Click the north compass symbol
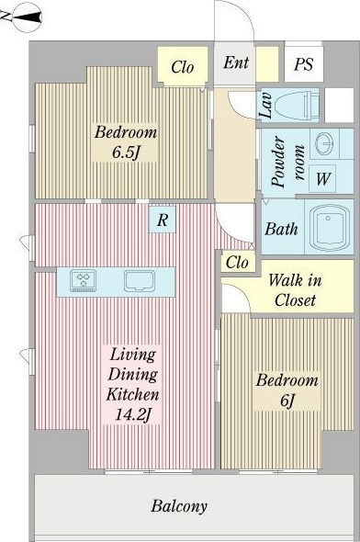pyautogui.click(x=27, y=17)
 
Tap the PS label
pyautogui.click(x=304, y=64)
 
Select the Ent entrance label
pyautogui.click(x=236, y=62)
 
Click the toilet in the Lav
pyautogui.click(x=297, y=105)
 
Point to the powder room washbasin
pyautogui.click(x=325, y=143)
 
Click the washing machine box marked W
pyautogui.click(x=322, y=178)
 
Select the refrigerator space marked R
pyautogui.click(x=163, y=220)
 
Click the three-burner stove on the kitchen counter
pyautogui.click(x=84, y=280)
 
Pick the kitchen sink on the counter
pyautogui.click(x=140, y=280)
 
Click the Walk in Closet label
pyautogui.click(x=295, y=289)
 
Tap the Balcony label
pyautogui.click(x=179, y=506)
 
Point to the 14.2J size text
pyautogui.click(x=132, y=414)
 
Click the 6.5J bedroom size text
pyautogui.click(x=126, y=152)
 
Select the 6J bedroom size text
pyautogui.click(x=287, y=400)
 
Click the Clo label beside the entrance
pyautogui.click(x=183, y=67)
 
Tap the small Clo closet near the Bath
pyautogui.click(x=237, y=263)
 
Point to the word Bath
pyautogui.click(x=281, y=229)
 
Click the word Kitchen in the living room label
pyautogui.click(x=132, y=394)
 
